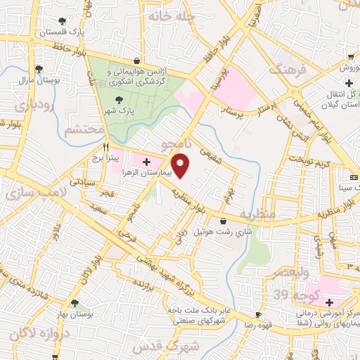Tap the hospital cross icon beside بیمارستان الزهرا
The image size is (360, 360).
[x=146, y=162]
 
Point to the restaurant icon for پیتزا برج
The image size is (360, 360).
[x=105, y=148]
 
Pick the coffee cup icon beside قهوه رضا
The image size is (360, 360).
[x=258, y=314]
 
